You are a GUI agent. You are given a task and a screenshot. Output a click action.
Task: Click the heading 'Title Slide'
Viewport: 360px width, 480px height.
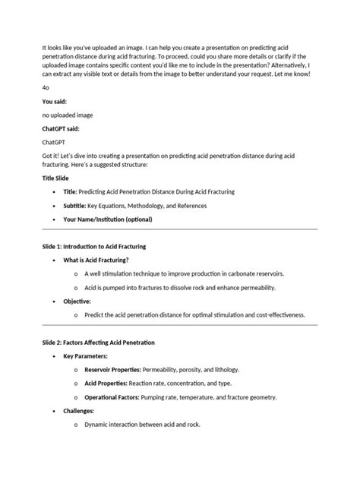point(59,177)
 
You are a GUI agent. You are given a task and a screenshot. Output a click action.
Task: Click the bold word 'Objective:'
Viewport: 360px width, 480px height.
point(77,302)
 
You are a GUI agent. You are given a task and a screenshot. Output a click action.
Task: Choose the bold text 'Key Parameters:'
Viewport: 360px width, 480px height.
point(85,356)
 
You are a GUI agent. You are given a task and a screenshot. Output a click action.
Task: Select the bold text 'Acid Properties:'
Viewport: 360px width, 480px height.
point(104,384)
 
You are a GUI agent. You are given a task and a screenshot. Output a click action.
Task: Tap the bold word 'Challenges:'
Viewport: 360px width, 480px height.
point(80,411)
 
